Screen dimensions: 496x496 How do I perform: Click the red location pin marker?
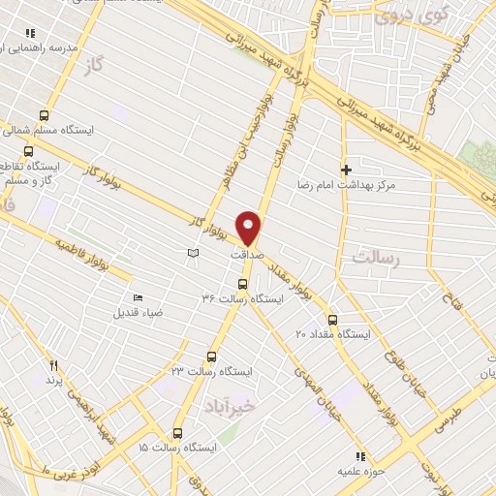click(x=250, y=228)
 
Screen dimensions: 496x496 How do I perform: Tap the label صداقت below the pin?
click(x=247, y=254)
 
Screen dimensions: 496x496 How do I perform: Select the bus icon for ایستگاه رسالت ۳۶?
click(x=242, y=284)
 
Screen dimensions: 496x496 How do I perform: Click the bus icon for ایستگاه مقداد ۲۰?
click(x=332, y=319)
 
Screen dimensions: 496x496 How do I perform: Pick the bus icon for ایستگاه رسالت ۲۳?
click(x=212, y=356)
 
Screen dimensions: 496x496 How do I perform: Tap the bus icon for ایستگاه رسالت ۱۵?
click(x=176, y=432)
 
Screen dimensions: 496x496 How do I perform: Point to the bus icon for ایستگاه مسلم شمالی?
click(x=44, y=113)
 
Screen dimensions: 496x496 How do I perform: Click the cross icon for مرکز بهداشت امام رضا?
click(x=346, y=170)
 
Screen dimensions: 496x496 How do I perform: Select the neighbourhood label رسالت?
click(x=376, y=258)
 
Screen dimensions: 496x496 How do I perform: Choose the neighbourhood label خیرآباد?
click(x=225, y=406)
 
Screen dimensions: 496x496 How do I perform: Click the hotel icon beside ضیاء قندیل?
click(x=137, y=298)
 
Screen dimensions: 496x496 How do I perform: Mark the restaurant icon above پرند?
click(x=54, y=366)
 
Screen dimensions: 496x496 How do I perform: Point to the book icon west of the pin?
click(x=193, y=253)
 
